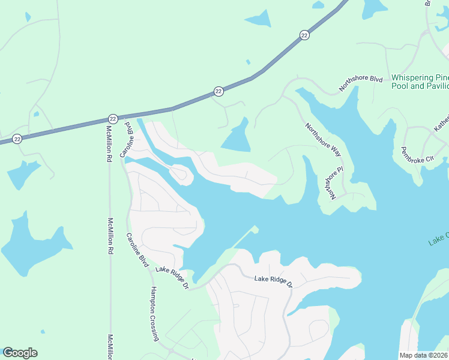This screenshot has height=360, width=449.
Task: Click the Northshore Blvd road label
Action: (x=360, y=83)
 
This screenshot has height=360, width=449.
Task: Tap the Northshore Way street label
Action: (x=323, y=140)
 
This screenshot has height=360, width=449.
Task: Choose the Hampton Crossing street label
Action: (x=154, y=314)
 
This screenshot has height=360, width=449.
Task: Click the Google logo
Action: (x=20, y=353)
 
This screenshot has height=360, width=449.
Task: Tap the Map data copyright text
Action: (x=424, y=355)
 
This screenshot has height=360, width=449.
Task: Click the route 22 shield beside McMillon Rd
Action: (x=113, y=119)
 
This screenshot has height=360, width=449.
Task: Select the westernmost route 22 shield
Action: (x=17, y=138)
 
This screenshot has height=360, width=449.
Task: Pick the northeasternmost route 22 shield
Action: (x=305, y=35)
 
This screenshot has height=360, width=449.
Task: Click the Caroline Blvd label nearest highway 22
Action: (x=127, y=140)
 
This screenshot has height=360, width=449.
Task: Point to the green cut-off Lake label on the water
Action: (x=438, y=239)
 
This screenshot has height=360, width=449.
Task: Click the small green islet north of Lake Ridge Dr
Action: (x=255, y=229)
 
